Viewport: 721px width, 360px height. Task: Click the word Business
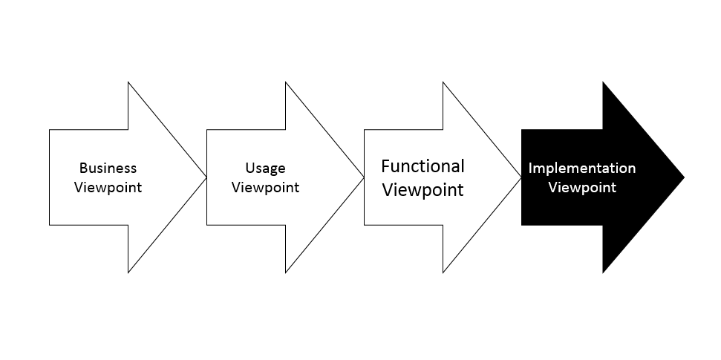(x=108, y=168)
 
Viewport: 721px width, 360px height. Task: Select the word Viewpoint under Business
(x=108, y=188)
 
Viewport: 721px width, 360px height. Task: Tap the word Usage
(x=265, y=168)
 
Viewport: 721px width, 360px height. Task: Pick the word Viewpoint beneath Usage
(x=265, y=188)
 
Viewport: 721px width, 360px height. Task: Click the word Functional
(x=423, y=166)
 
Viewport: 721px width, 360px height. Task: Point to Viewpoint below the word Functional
(x=423, y=190)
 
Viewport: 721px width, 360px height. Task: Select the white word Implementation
(x=582, y=168)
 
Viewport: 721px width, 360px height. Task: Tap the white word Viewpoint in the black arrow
(x=582, y=188)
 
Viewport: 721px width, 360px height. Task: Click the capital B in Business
(x=83, y=168)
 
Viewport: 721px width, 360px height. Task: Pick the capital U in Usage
(x=250, y=168)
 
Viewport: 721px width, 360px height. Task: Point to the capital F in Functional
(x=385, y=166)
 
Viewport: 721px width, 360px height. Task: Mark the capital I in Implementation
(x=530, y=168)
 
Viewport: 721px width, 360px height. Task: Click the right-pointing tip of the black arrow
(x=684, y=177)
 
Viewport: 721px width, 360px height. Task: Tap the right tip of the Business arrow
(x=206, y=177)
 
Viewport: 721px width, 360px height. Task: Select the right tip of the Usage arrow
(x=364, y=177)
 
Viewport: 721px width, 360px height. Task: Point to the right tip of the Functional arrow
(x=521, y=177)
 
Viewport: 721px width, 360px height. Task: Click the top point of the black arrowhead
(x=603, y=82)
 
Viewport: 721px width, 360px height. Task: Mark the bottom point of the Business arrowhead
(x=128, y=272)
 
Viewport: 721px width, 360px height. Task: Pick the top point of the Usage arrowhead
(x=286, y=82)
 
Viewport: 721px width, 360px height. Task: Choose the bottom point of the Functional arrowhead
(x=443, y=272)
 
